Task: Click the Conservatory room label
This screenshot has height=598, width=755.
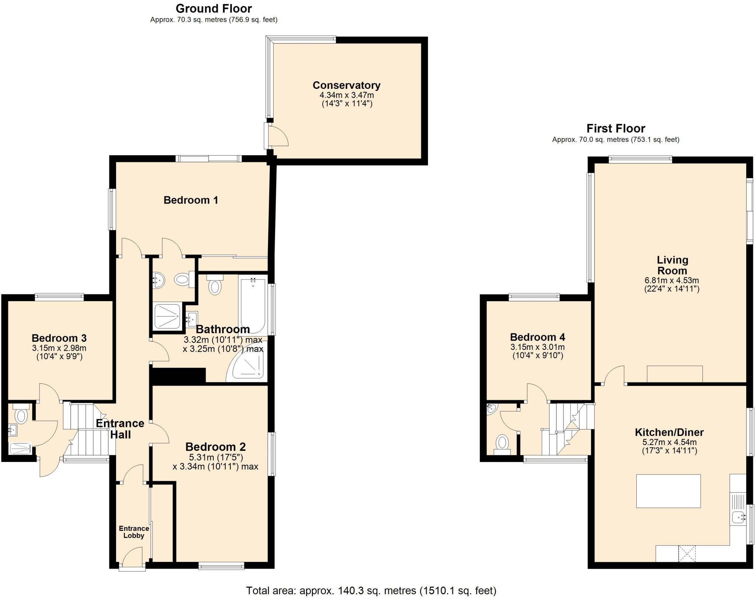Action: click(x=346, y=85)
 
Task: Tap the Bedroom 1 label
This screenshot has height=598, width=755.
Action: click(x=191, y=200)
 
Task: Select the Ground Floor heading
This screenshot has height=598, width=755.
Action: click(x=213, y=8)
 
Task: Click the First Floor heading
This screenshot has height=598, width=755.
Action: click(x=616, y=128)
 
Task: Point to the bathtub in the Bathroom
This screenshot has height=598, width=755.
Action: click(x=253, y=305)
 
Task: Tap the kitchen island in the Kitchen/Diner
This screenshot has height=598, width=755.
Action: click(x=668, y=491)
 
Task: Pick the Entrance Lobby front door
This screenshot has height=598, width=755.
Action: click(x=132, y=558)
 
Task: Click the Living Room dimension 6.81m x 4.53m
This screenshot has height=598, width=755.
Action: click(x=671, y=280)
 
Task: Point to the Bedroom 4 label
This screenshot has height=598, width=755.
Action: click(x=537, y=337)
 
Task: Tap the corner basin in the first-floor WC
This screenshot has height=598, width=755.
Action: click(x=491, y=408)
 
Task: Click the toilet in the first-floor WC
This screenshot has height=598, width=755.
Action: click(x=501, y=444)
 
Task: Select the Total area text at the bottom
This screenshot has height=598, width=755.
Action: click(x=371, y=591)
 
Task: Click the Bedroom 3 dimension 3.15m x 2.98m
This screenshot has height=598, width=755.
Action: click(x=59, y=348)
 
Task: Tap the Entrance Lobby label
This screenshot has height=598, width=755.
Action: click(x=134, y=532)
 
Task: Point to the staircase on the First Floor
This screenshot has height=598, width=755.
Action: click(x=570, y=429)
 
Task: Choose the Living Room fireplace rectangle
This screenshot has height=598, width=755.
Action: click(x=674, y=373)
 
